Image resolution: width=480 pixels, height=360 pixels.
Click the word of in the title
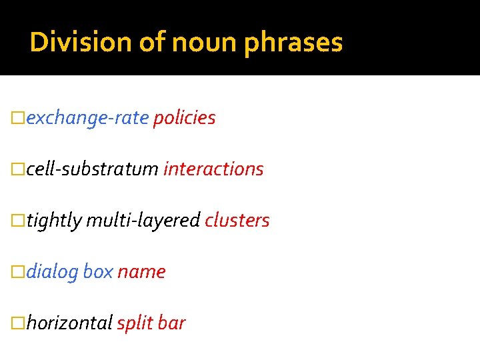tap(151, 43)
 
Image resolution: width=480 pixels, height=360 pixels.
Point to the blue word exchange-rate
tap(87, 118)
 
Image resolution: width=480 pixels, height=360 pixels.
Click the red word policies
tap(184, 118)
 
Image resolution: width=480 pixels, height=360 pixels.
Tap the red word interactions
tap(213, 169)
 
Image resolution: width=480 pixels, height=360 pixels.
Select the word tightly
tap(54, 221)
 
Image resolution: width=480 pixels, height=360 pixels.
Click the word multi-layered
tap(143, 221)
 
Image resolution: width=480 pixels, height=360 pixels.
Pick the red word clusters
tap(237, 221)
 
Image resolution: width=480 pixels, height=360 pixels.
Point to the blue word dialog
tap(53, 272)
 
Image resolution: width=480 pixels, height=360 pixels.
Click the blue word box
tap(98, 272)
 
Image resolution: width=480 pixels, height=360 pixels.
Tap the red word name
tap(141, 272)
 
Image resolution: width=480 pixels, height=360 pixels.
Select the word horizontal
tap(69, 323)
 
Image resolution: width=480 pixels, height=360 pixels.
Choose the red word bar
tap(173, 323)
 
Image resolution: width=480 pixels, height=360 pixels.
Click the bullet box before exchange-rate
tap(19, 119)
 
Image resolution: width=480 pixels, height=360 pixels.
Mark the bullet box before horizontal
tap(19, 324)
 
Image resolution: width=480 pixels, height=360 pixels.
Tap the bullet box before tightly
tap(19, 221)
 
